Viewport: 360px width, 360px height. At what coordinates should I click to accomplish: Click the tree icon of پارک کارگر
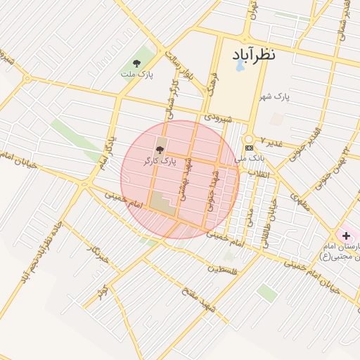[160, 150]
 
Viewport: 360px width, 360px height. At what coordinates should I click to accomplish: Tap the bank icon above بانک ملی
[249, 148]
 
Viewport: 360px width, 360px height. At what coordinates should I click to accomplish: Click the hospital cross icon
[346, 234]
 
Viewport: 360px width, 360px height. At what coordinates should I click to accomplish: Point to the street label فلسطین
[224, 269]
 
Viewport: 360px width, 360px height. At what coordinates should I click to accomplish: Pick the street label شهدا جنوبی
[213, 189]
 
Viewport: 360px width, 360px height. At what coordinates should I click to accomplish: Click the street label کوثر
[103, 290]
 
